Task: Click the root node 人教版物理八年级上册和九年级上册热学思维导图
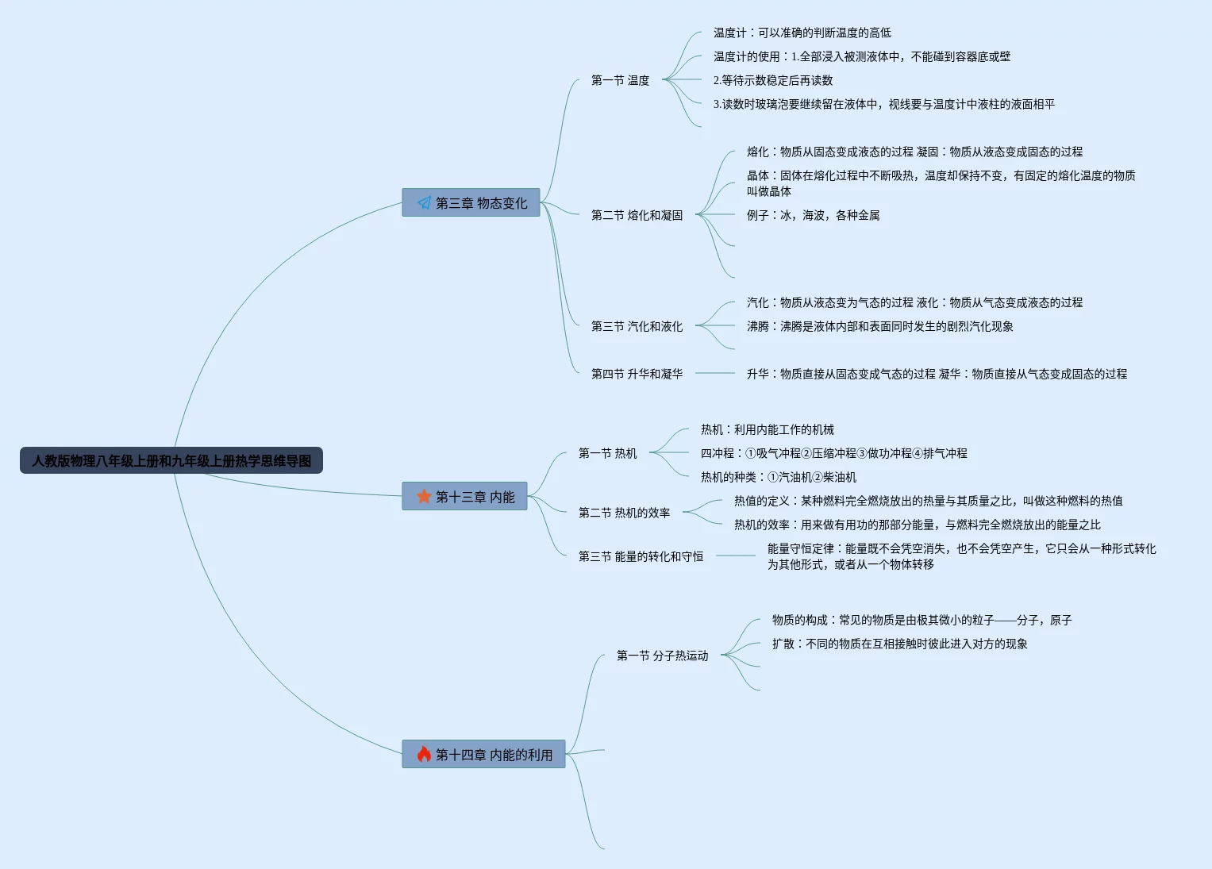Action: pos(171,460)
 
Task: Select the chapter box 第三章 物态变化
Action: pos(471,202)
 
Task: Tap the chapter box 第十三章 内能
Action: pos(464,496)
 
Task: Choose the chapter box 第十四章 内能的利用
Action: pos(483,754)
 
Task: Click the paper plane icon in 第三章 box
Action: pos(424,203)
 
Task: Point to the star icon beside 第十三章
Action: pos(424,496)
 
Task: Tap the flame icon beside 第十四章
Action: pos(424,754)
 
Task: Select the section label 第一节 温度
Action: pos(620,80)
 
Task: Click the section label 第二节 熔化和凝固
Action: pos(637,215)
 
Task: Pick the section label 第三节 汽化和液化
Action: pos(637,326)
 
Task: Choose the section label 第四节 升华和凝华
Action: pos(637,374)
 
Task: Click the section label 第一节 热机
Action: pos(607,453)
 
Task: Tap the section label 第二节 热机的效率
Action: pos(624,513)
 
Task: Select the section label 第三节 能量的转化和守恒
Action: pos(641,556)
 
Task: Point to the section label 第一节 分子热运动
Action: pos(662,656)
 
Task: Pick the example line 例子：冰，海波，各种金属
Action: pos(813,215)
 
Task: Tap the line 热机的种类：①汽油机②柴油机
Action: pos(778,477)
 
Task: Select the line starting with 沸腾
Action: pos(879,326)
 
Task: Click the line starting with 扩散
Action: pos(899,644)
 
